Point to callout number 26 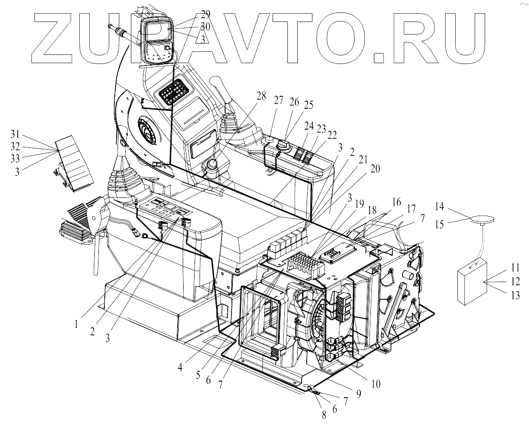coord(294,102)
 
